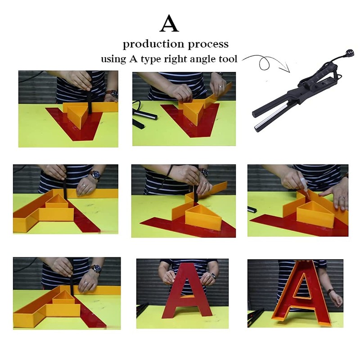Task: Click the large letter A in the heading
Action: tap(169, 24)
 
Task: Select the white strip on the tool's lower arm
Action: tap(276, 118)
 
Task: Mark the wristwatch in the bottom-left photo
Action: tap(95, 268)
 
